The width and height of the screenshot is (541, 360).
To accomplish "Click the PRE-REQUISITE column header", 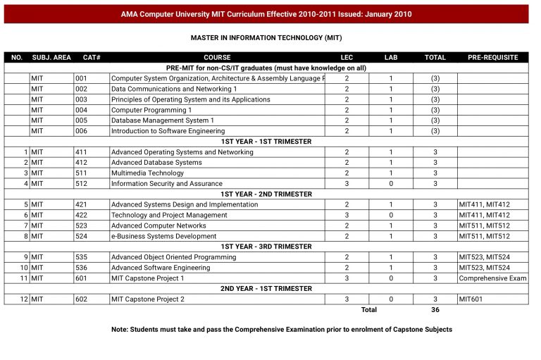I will [x=492, y=57].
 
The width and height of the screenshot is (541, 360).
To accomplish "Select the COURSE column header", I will [x=217, y=57].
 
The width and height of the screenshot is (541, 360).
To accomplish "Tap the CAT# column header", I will [x=92, y=57].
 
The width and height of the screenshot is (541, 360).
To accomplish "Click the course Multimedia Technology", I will [x=147, y=173].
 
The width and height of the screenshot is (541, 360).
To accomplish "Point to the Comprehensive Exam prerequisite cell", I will [x=492, y=278].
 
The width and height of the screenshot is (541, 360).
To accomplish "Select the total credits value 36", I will [x=435, y=310].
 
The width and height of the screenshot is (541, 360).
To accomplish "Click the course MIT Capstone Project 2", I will [x=148, y=299].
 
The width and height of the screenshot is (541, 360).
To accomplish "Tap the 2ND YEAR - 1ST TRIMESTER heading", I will [x=266, y=289].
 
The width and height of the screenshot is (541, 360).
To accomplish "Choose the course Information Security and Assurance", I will [x=166, y=184].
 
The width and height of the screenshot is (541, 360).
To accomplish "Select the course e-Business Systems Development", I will [x=163, y=236].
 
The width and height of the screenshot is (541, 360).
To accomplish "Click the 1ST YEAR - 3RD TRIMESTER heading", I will [x=266, y=247].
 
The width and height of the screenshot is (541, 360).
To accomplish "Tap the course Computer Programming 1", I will [x=151, y=110].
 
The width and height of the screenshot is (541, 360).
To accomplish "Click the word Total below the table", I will [x=368, y=310].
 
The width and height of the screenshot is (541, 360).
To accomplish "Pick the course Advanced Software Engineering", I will [x=161, y=268].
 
